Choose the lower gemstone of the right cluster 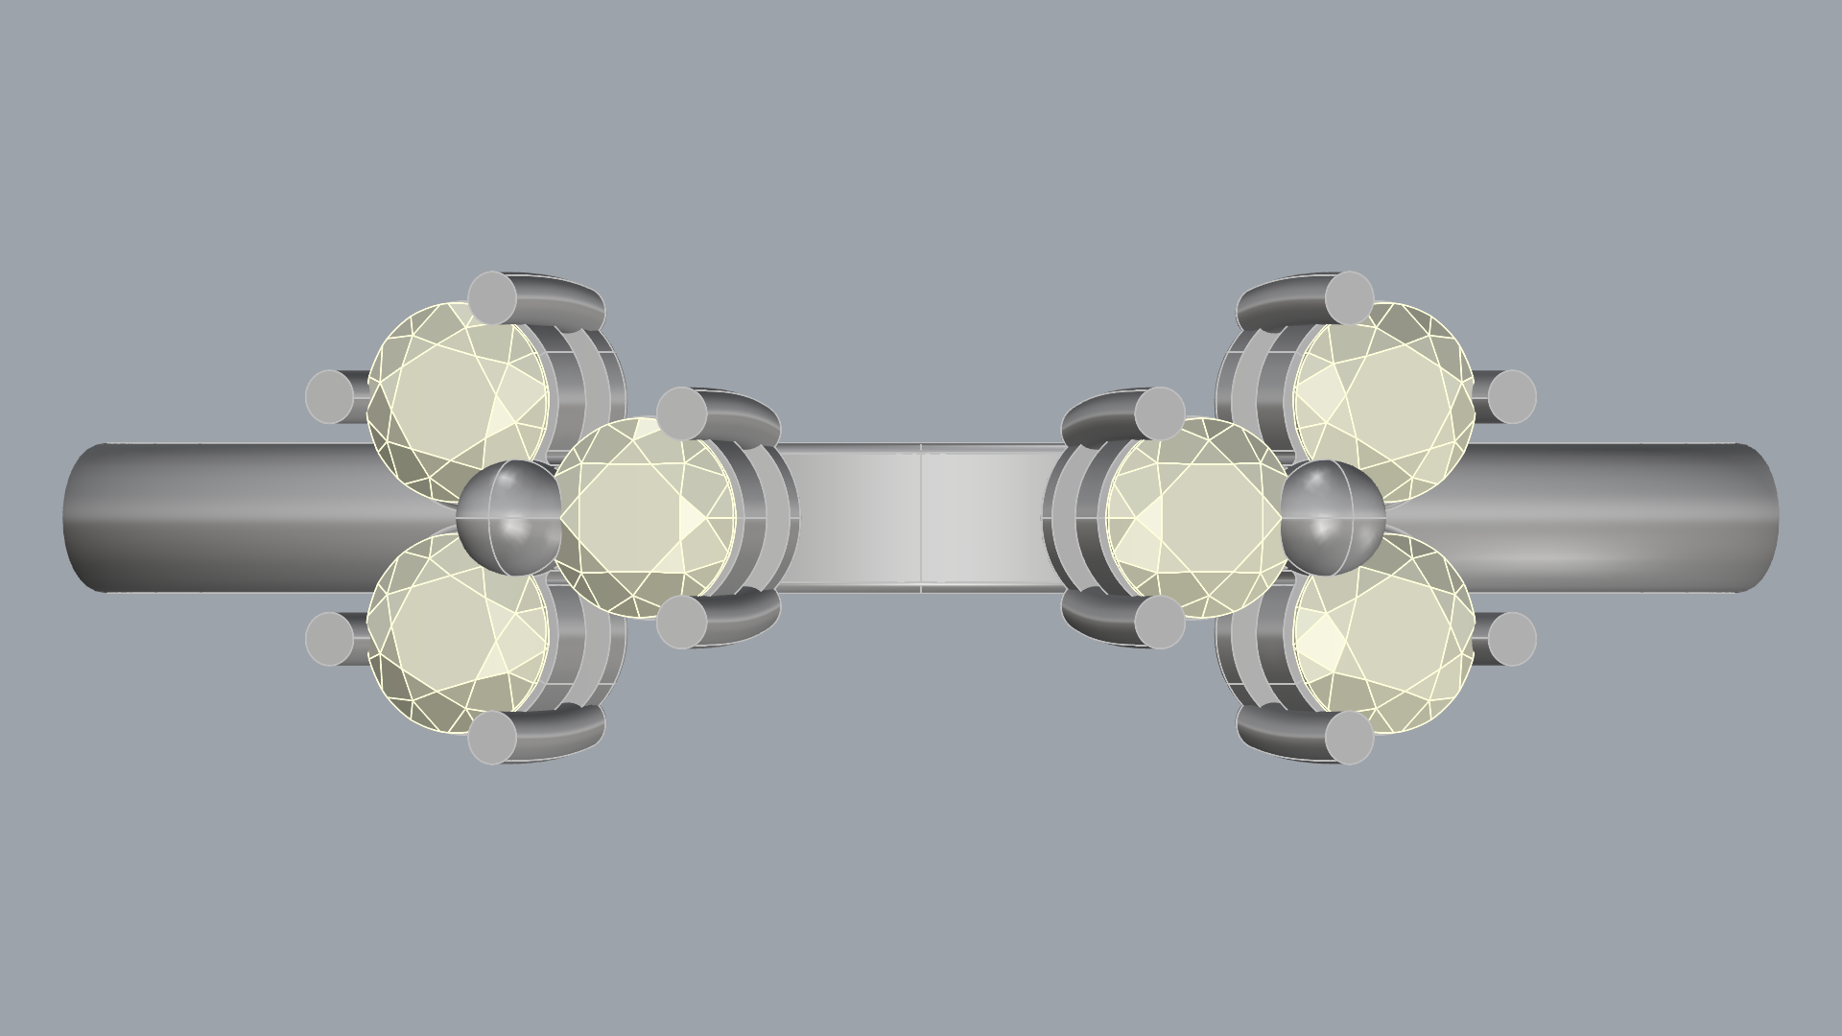click(1383, 633)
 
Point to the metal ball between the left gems click(508, 517)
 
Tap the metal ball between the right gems click(1334, 517)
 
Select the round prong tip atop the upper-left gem click(493, 296)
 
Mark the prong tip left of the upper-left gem click(330, 396)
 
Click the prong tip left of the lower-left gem click(330, 638)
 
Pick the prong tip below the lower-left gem click(493, 739)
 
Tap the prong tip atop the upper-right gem click(1349, 296)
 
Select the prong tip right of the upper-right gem click(1512, 396)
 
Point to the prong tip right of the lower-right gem click(1512, 638)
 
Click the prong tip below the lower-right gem click(1349, 739)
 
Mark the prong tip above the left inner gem click(683, 412)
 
